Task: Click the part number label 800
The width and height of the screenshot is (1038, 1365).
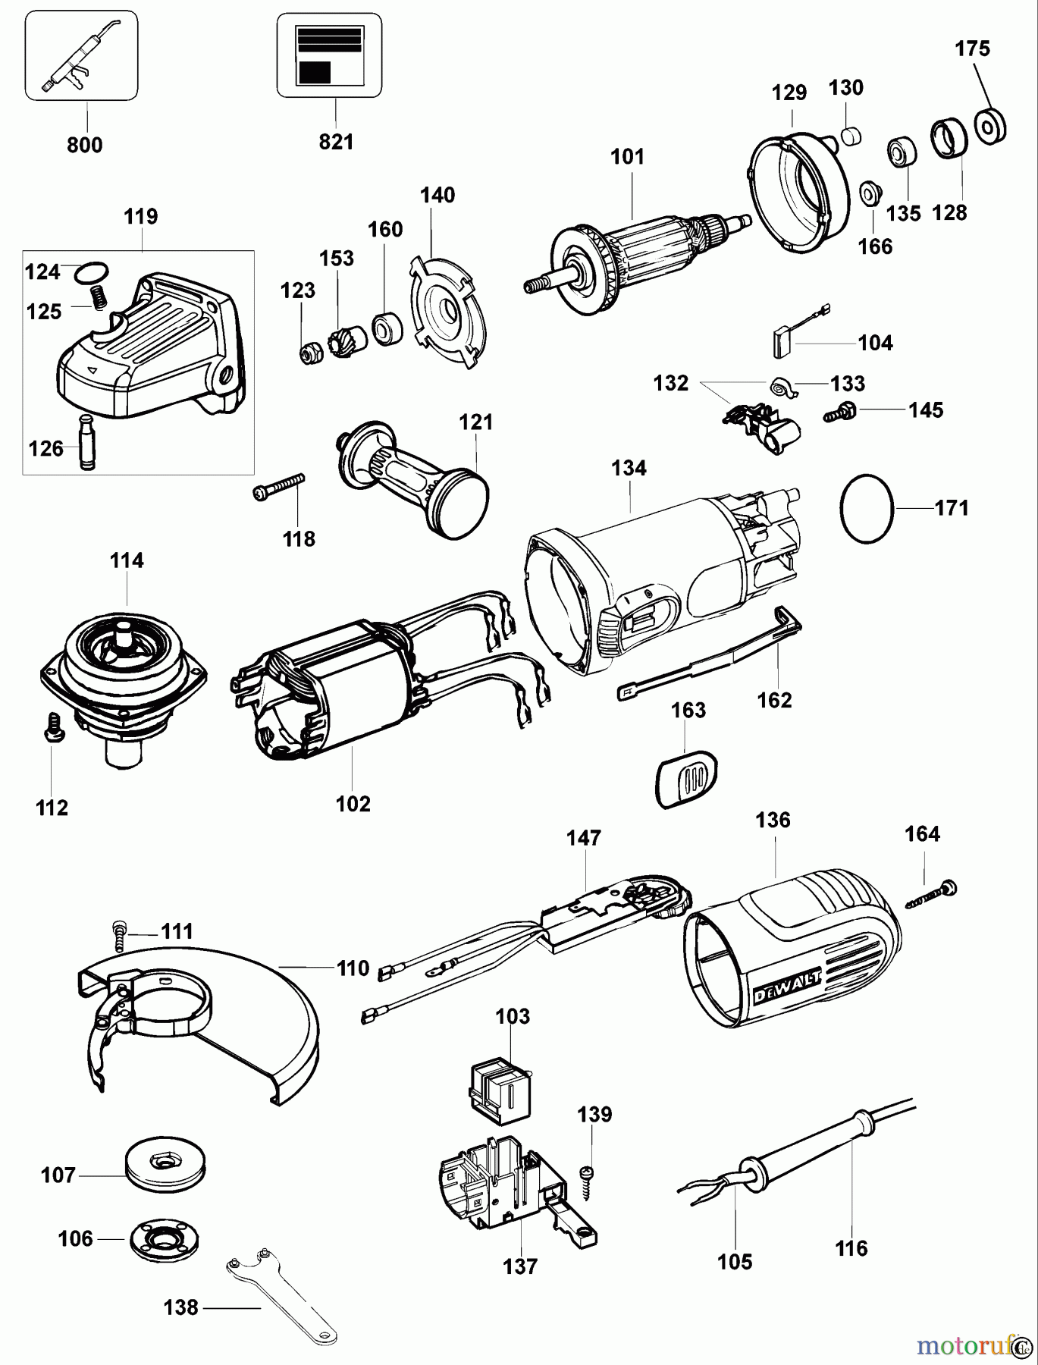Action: pos(85,145)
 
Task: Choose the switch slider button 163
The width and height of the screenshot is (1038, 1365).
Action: pos(685,778)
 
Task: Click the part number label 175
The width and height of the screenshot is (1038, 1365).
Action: pos(972,49)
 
